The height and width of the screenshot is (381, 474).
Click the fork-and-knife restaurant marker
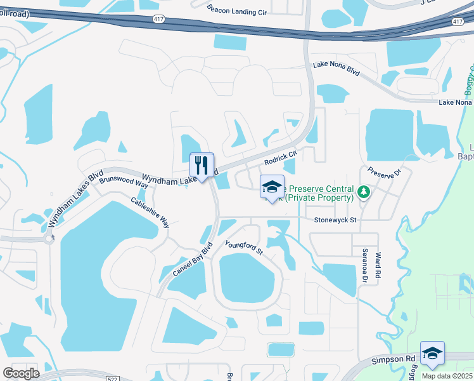click(x=202, y=166)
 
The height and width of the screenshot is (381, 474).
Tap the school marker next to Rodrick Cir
click(x=272, y=188)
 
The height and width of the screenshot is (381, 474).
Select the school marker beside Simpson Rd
click(x=432, y=354)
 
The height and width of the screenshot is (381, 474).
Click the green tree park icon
click(x=364, y=191)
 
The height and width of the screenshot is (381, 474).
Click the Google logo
click(x=22, y=373)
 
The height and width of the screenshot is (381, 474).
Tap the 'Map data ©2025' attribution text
click(x=447, y=375)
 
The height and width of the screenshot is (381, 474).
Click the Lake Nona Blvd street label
click(x=336, y=69)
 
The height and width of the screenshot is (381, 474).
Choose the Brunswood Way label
click(x=124, y=182)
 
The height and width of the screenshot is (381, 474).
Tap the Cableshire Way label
click(x=150, y=213)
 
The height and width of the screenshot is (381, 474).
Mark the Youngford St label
click(x=244, y=247)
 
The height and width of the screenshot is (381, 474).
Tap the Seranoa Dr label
click(x=365, y=265)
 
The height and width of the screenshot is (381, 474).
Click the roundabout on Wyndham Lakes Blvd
click(x=48, y=239)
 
